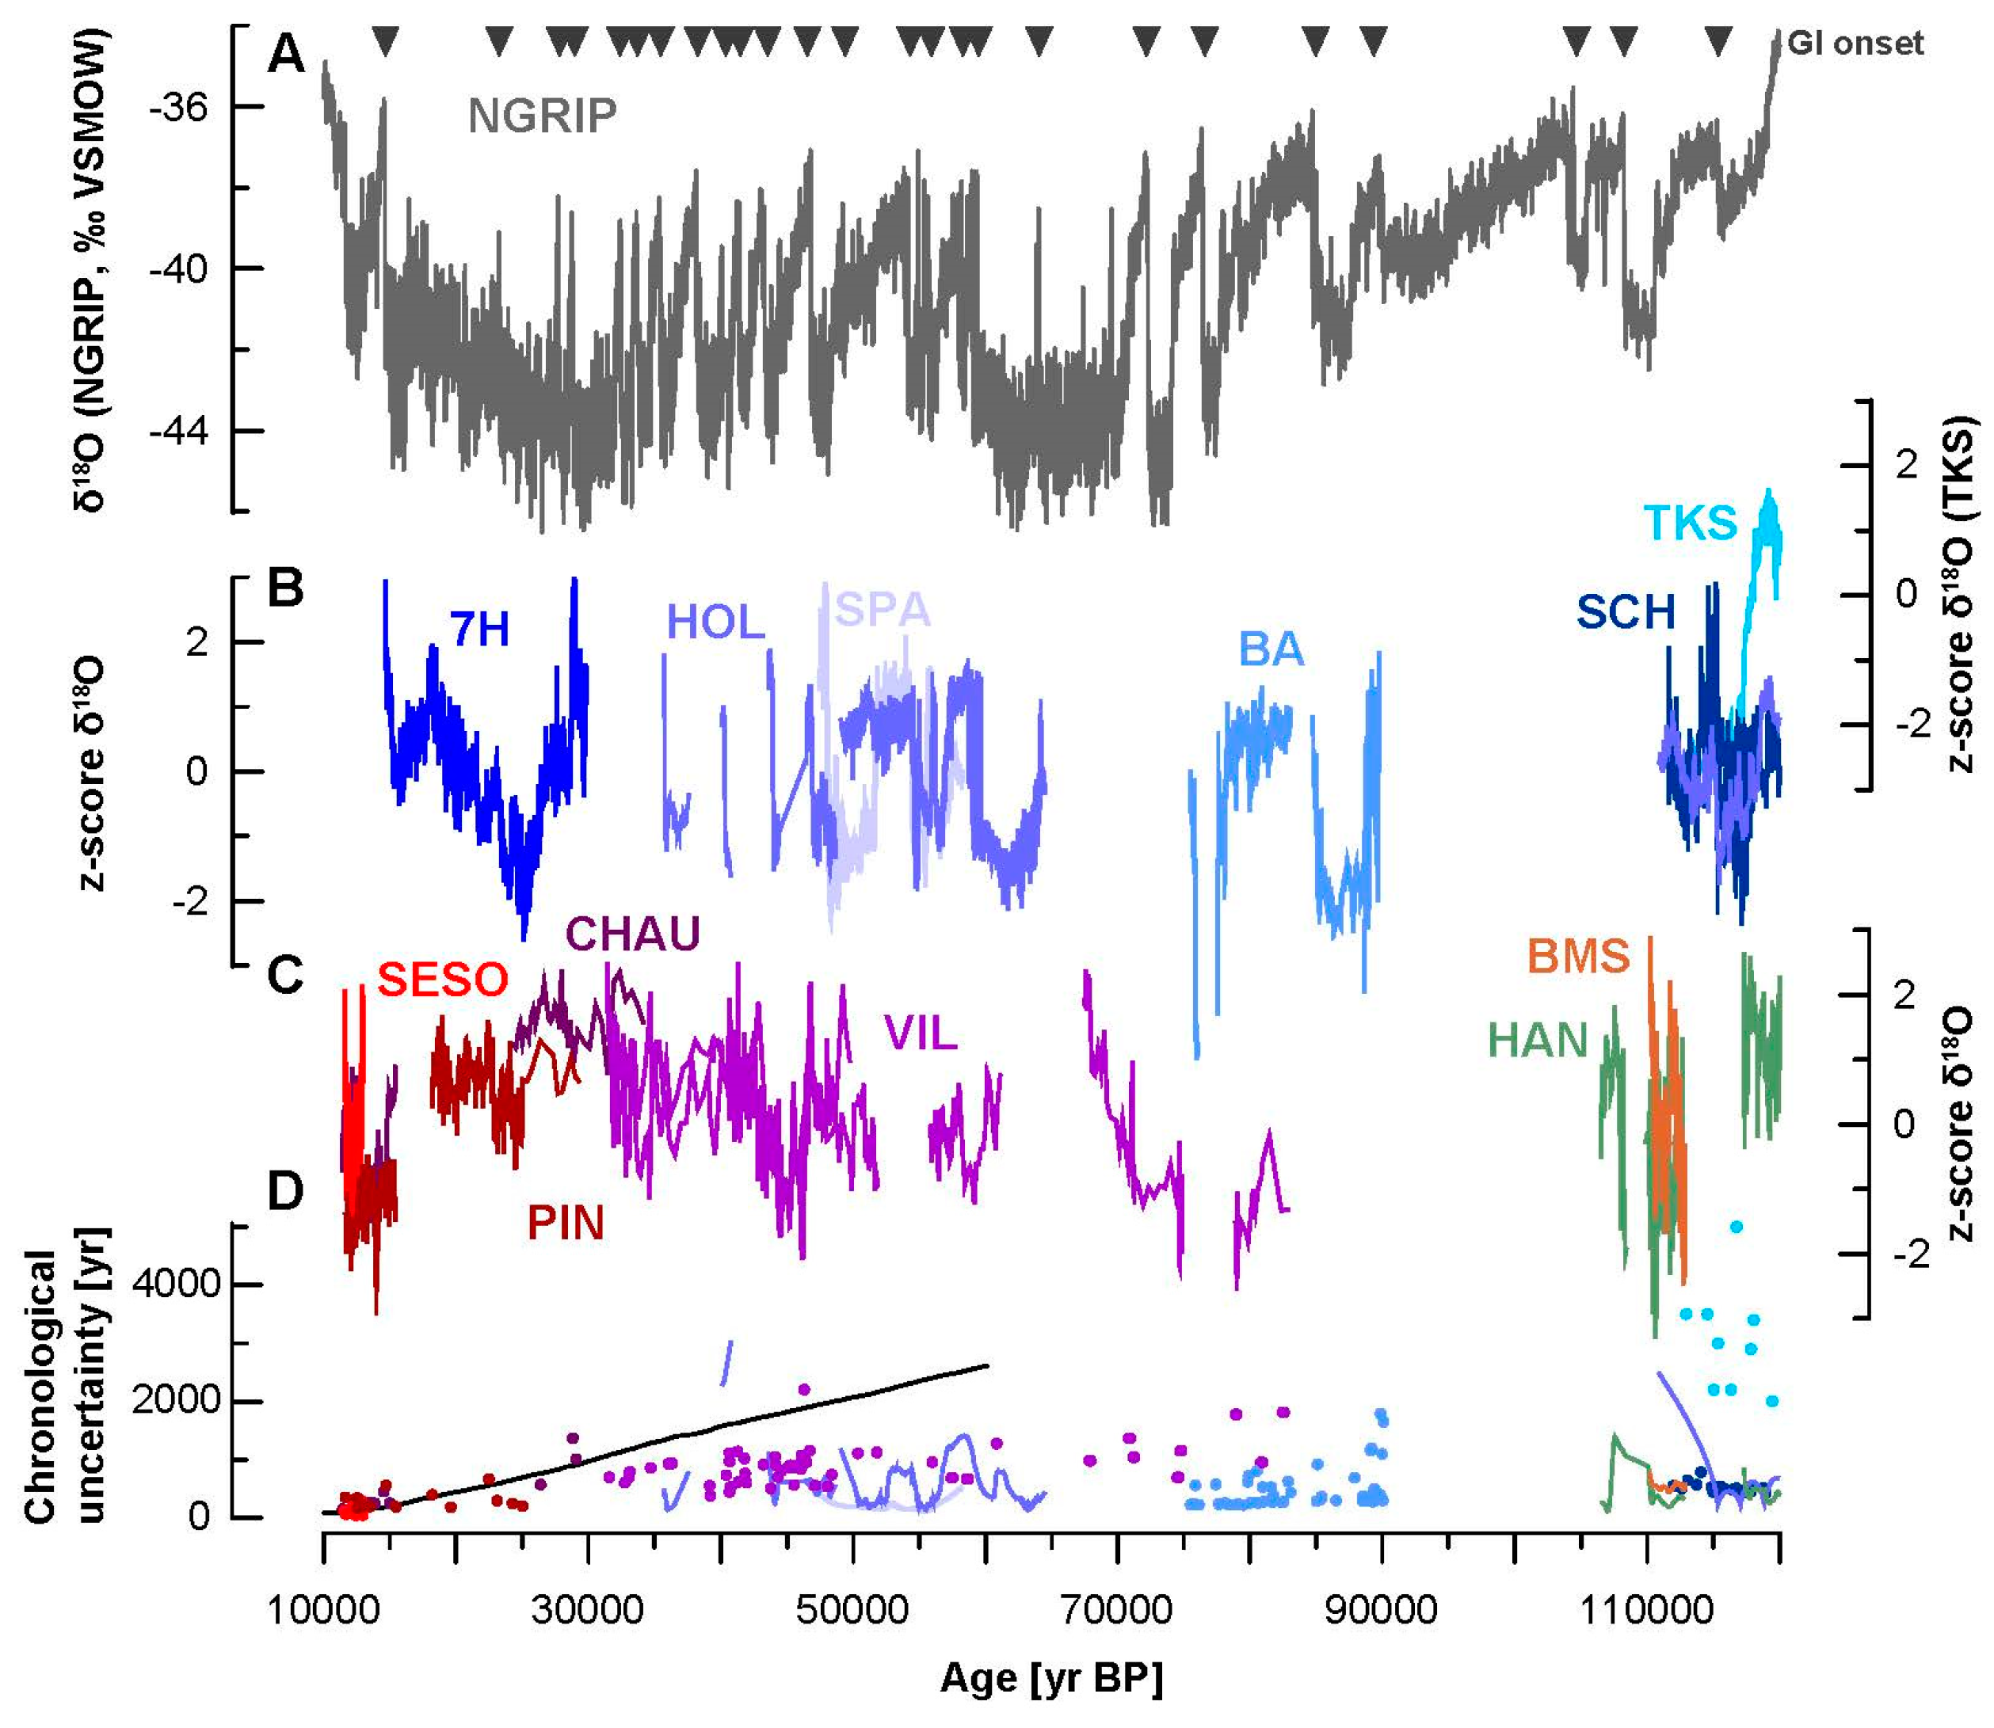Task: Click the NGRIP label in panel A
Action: [x=541, y=116]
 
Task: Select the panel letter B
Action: [x=284, y=588]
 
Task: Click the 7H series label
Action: [x=479, y=630]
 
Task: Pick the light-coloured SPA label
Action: [x=882, y=610]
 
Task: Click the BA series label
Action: [x=1271, y=650]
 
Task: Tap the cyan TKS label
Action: [x=1689, y=523]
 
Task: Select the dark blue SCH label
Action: [x=1626, y=612]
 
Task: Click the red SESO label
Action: [x=442, y=980]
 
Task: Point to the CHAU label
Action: [x=632, y=934]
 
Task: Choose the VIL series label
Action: [x=921, y=1035]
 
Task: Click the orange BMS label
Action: [x=1578, y=957]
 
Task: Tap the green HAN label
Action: [x=1538, y=1041]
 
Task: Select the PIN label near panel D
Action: [x=566, y=1224]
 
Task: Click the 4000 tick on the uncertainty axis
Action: [x=177, y=1285]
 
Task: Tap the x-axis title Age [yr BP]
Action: [x=1050, y=1679]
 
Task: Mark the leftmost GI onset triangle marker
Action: [x=385, y=41]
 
